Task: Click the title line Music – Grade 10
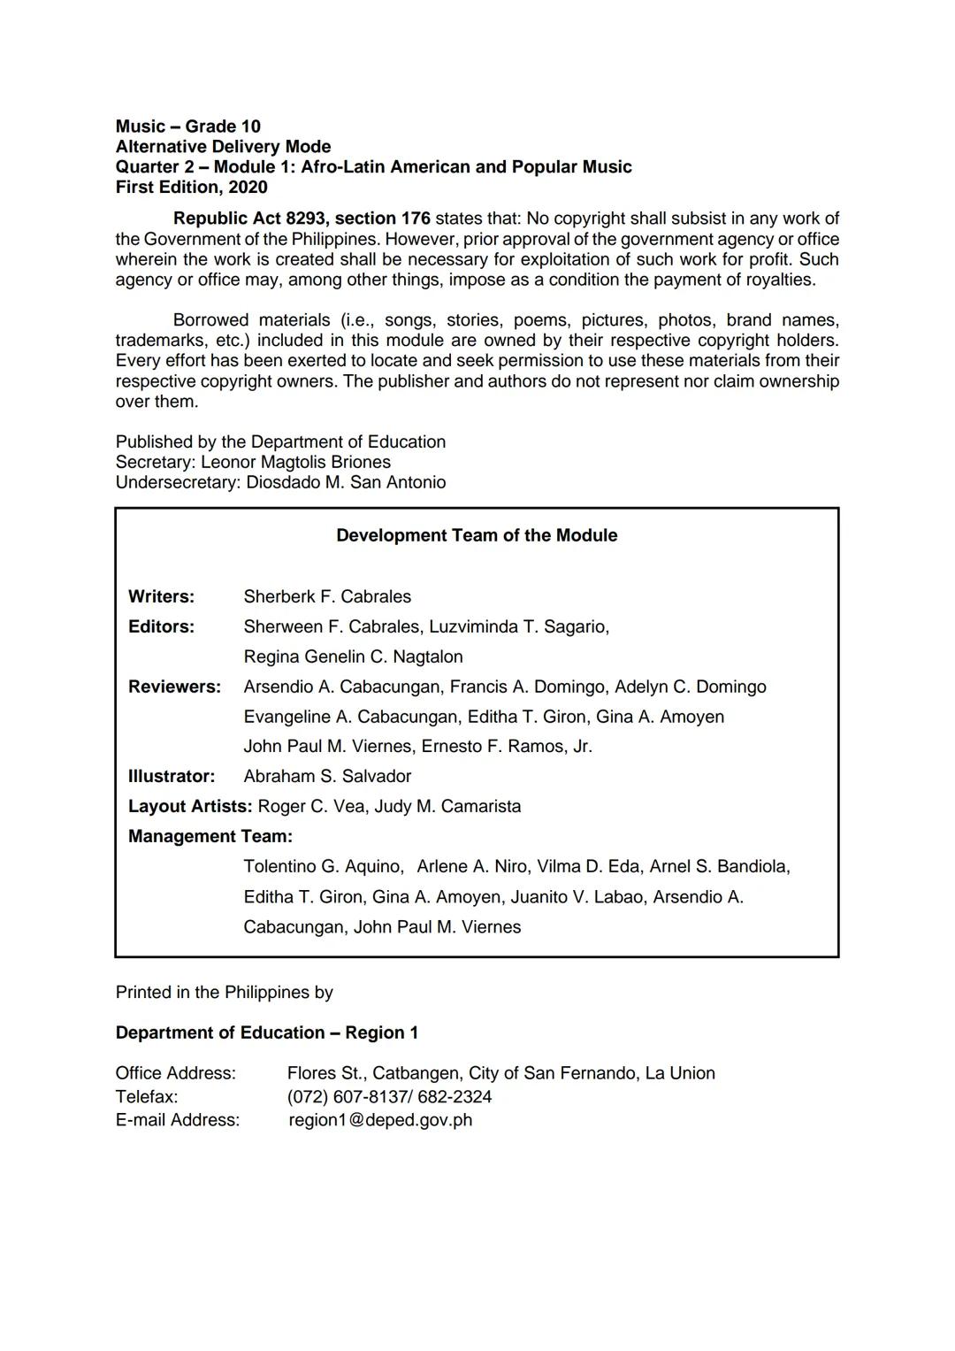187,127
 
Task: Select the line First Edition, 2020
191,188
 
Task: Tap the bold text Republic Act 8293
250,219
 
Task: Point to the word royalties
778,280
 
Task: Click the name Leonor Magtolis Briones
295,462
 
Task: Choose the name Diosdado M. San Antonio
346,482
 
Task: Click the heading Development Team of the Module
477,535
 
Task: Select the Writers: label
161,596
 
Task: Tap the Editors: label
161,626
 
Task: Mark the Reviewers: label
174,687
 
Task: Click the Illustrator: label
171,776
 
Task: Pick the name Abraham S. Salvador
327,776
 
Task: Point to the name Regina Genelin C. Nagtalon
353,656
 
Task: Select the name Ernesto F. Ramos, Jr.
507,746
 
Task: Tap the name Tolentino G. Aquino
323,866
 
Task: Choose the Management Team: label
210,836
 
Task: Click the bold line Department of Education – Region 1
267,1032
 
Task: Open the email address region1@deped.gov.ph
380,1120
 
